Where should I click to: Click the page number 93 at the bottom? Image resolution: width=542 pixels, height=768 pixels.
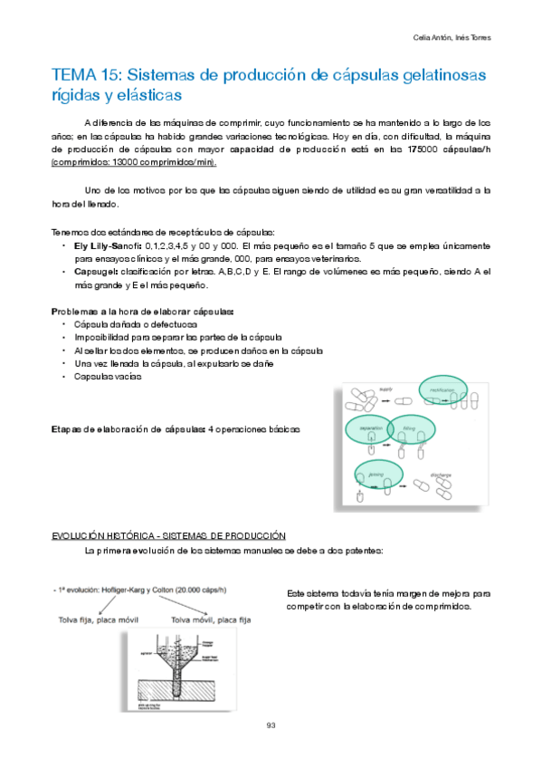[271, 724]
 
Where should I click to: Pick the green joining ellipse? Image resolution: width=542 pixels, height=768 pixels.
[378, 474]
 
